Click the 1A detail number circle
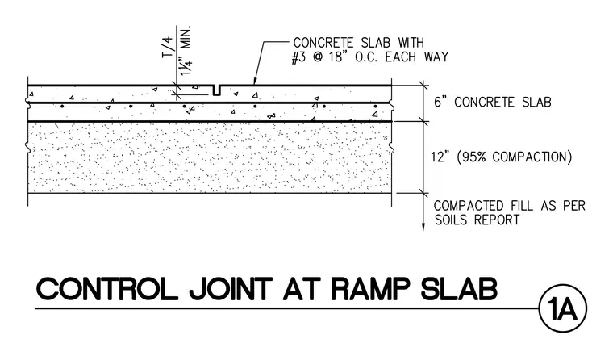pyautogui.click(x=562, y=308)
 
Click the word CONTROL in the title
pyautogui.click(x=106, y=290)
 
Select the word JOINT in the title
pyautogui.click(x=231, y=290)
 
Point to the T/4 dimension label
pyautogui.click(x=167, y=47)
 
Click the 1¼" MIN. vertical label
pyautogui.click(x=185, y=51)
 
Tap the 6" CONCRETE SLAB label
pyautogui.click(x=493, y=103)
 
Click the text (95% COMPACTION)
pyautogui.click(x=515, y=157)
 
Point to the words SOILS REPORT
pyautogui.click(x=477, y=220)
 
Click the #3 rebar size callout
pyautogui.click(x=299, y=57)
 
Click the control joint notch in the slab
pyautogui.click(x=217, y=90)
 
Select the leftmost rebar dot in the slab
pyautogui.click(x=62, y=106)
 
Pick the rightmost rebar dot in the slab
pyautogui.click(x=375, y=106)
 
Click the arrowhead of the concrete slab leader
pyautogui.click(x=255, y=82)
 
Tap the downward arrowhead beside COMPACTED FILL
pyautogui.click(x=423, y=227)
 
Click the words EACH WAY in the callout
pyautogui.click(x=417, y=57)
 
